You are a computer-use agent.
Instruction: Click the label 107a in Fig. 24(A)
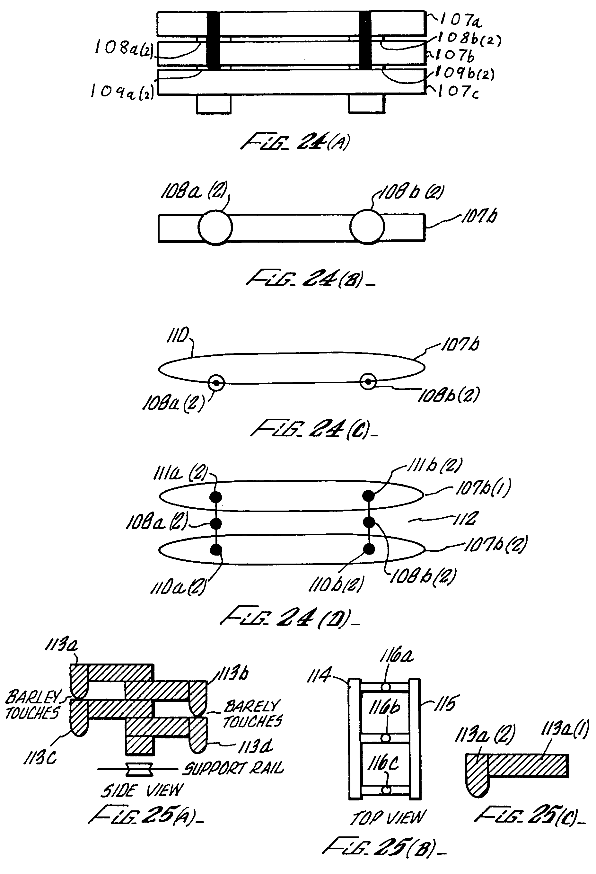coord(460,21)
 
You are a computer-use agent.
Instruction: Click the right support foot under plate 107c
coord(367,104)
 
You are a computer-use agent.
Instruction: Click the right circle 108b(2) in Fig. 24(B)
coord(367,227)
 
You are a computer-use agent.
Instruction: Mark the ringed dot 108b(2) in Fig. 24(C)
coord(368,382)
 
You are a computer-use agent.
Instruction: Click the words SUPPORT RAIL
coord(233,768)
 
